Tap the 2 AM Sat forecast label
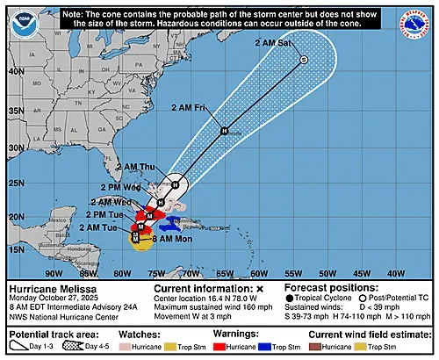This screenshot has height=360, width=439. (274, 42)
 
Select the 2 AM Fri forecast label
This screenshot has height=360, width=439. (190, 106)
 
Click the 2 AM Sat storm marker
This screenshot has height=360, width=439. (303, 60)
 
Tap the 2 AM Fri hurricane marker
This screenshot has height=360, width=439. (223, 131)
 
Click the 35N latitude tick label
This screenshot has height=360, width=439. (15, 112)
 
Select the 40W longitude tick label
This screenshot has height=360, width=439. (396, 272)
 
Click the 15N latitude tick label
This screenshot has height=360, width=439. (15, 249)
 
